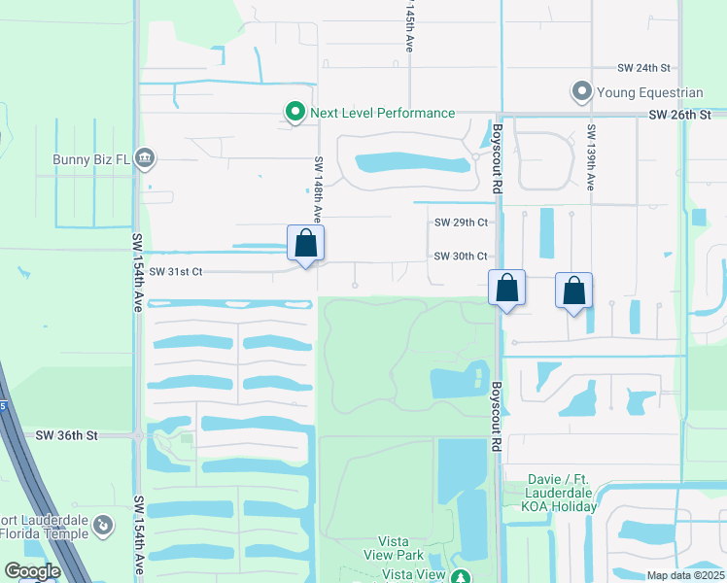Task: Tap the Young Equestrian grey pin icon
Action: coord(582,92)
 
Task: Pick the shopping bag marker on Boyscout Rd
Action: coord(506,288)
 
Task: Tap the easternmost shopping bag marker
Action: coord(574,291)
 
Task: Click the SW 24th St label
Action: coord(644,68)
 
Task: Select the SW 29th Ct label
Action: coord(461,223)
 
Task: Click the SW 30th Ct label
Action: coord(461,257)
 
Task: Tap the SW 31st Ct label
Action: coord(176,272)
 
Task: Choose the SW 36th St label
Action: coord(67,436)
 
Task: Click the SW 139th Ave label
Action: coord(590,156)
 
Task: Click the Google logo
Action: coord(32,571)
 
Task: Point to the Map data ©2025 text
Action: coord(685,575)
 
